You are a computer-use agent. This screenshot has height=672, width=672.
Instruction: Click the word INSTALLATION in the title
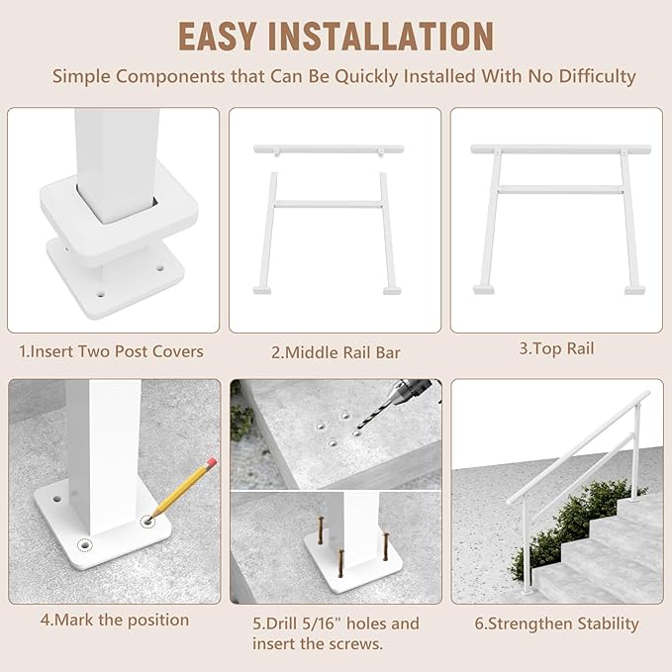tap(391, 36)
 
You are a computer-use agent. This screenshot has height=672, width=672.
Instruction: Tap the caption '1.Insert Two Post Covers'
tap(111, 351)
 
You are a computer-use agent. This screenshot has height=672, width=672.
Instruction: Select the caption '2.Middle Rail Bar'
tap(336, 351)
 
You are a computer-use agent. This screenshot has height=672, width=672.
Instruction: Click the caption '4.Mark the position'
tap(114, 620)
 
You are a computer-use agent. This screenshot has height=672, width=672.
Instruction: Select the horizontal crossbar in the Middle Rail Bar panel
tap(329, 205)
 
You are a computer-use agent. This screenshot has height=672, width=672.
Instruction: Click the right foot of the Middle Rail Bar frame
tap(393, 290)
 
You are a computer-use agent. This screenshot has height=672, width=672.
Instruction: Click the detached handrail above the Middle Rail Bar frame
tap(329, 149)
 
